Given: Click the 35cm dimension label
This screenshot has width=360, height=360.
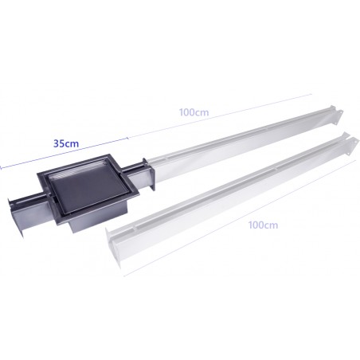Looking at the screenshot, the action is click(x=66, y=143).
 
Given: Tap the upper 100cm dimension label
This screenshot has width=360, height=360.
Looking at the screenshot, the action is click(x=194, y=112).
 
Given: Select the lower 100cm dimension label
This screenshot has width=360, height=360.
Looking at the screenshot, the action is click(x=263, y=225).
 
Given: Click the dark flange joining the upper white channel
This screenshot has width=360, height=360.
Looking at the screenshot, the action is click(x=148, y=174).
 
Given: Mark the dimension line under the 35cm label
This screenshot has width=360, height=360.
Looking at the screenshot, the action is click(x=64, y=153).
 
